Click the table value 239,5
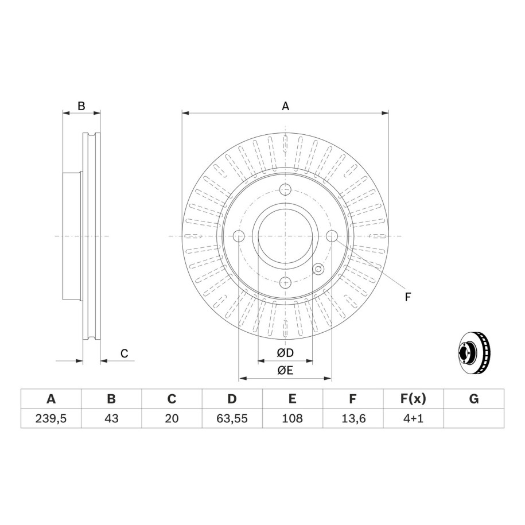[51, 418]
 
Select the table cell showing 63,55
[232, 418]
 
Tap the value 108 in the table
[292, 418]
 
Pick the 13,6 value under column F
[353, 418]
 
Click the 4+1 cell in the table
[413, 418]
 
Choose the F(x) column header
[413, 399]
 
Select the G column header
[474, 399]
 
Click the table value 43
[111, 418]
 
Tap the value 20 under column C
[172, 418]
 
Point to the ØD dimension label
[285, 352]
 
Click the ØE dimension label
[285, 370]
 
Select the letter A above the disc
[285, 106]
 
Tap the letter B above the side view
[81, 106]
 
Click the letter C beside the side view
[124, 353]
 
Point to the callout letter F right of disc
[407, 297]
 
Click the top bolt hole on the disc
[285, 189]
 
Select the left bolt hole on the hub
[239, 236]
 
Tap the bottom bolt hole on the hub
[285, 283]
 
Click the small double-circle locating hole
[318, 269]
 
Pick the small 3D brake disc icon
[474, 352]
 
